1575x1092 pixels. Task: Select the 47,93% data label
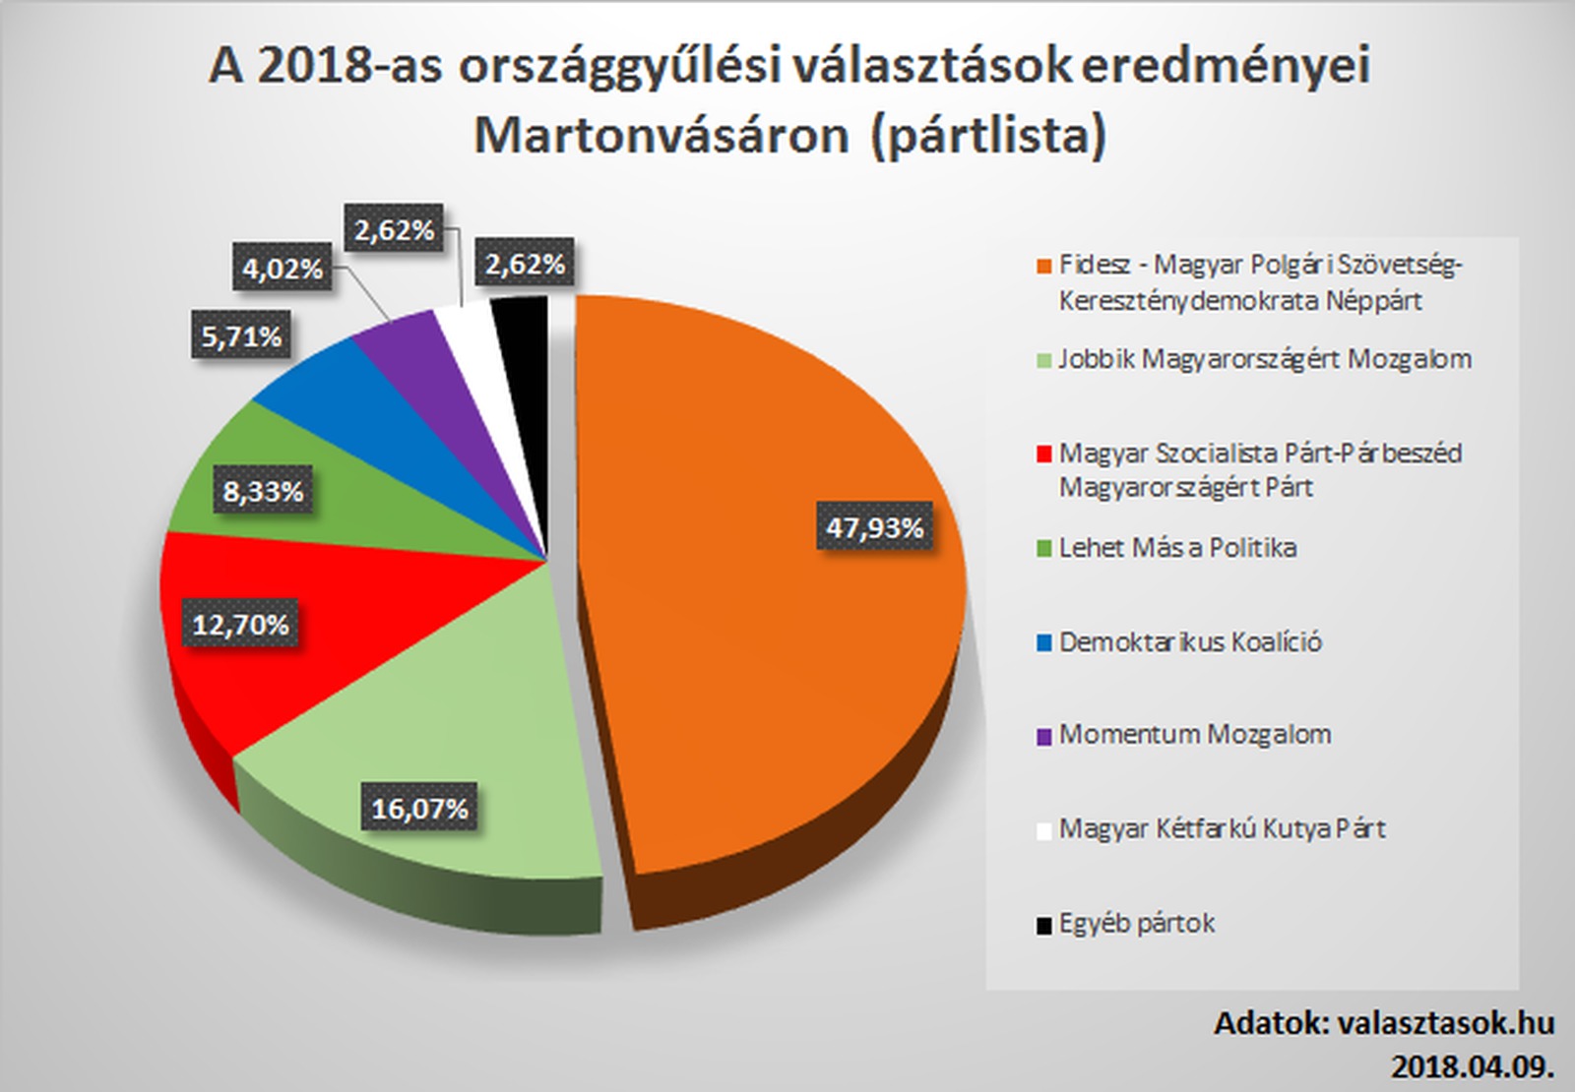pos(874,528)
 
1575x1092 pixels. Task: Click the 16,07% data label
pos(419,809)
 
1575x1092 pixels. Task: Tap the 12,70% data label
pos(240,624)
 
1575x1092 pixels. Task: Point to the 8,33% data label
pos(263,490)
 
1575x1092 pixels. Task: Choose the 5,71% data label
pos(241,336)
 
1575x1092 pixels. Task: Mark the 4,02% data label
pos(283,268)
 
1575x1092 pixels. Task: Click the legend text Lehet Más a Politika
pos(1177,548)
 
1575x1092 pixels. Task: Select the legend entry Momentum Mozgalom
pos(1195,735)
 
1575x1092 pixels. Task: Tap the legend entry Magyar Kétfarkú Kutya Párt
pos(1222,829)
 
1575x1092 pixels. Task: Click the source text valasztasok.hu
pos(1446,1023)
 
